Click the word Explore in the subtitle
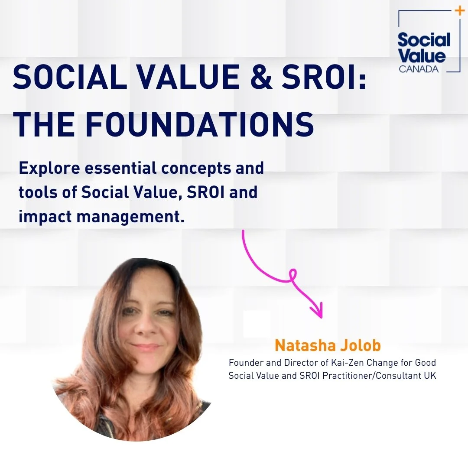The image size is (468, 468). [x=49, y=168]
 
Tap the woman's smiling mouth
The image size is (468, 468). [x=145, y=348]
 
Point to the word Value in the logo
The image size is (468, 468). [x=421, y=56]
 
